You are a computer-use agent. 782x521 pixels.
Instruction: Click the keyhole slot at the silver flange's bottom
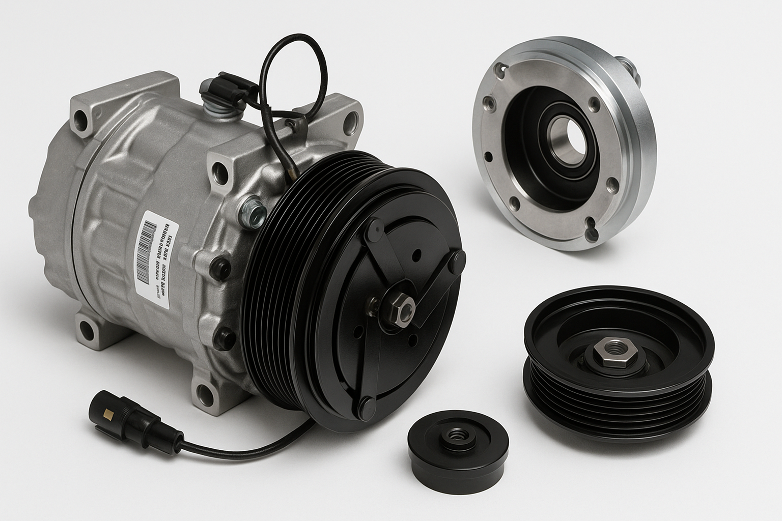(594, 232)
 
